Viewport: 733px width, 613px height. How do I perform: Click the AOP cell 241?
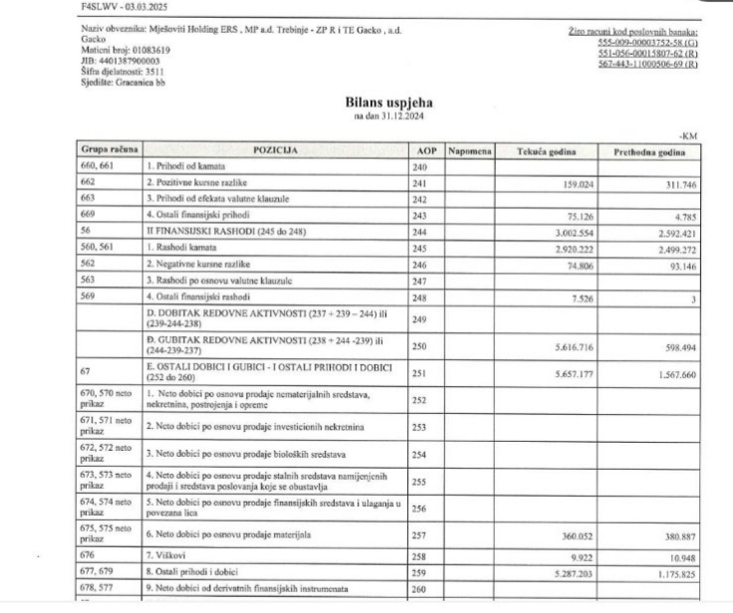[419, 183]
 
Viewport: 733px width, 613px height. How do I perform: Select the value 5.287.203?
[571, 572]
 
